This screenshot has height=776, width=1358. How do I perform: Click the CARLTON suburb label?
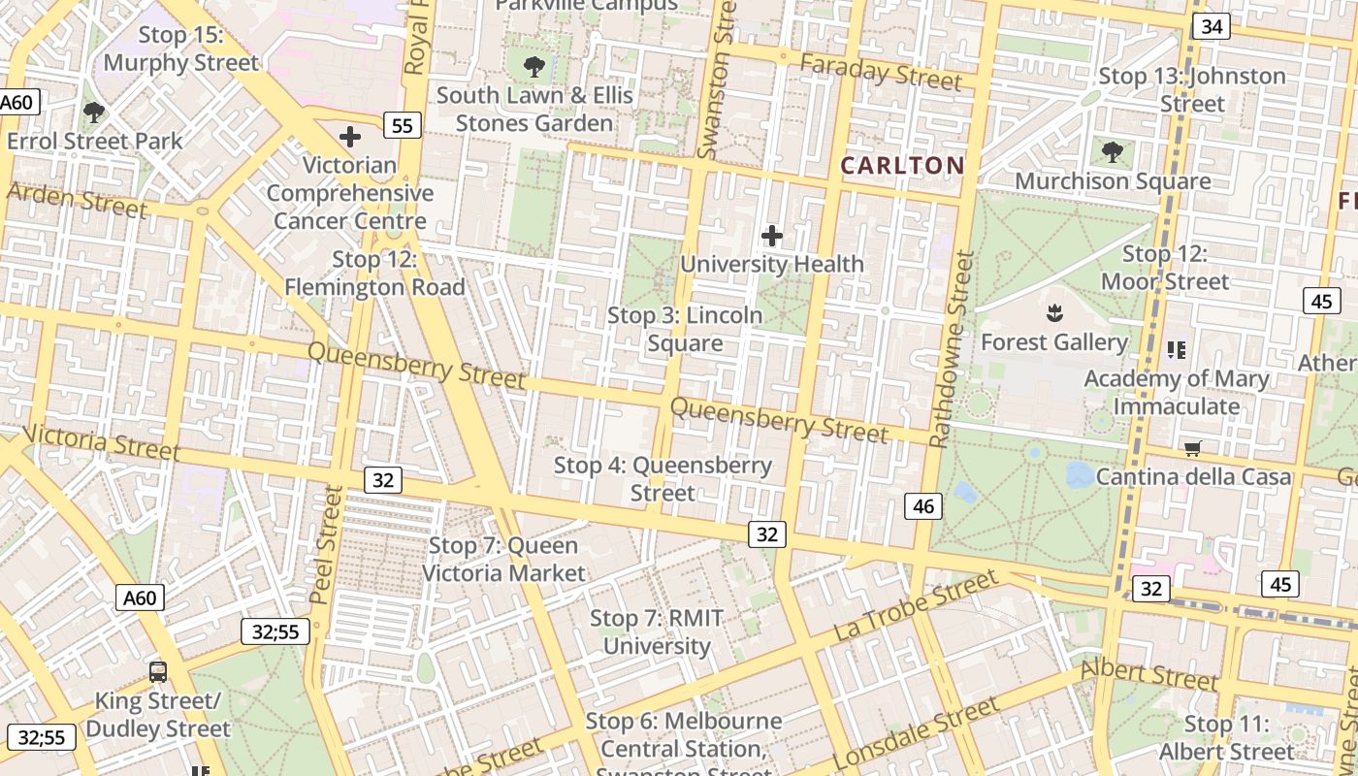click(902, 166)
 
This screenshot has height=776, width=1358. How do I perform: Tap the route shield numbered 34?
click(1211, 26)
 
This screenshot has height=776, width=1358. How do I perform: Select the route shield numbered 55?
click(402, 124)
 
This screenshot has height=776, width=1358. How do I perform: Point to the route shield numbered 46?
click(923, 505)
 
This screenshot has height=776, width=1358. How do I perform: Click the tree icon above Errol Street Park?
click(94, 113)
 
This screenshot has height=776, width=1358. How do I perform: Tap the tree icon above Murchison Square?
click(1113, 152)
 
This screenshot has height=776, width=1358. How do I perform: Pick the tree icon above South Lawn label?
click(533, 67)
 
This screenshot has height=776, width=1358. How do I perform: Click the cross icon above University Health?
click(772, 236)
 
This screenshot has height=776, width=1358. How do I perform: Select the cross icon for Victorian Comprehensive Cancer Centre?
click(350, 138)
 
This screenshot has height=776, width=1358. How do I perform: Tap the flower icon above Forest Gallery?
click(1053, 313)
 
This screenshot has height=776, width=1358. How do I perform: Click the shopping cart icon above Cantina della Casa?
click(1193, 448)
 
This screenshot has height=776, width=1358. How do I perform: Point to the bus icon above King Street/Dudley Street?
click(157, 671)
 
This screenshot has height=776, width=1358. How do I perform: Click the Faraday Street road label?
click(880, 71)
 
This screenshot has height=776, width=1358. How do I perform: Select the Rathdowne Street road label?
click(952, 349)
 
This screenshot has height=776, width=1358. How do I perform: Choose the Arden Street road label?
click(77, 199)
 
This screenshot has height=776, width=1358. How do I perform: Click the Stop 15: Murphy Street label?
click(181, 49)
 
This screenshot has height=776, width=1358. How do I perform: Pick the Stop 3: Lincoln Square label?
click(685, 330)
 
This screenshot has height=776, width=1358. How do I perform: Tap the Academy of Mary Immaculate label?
click(1176, 392)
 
